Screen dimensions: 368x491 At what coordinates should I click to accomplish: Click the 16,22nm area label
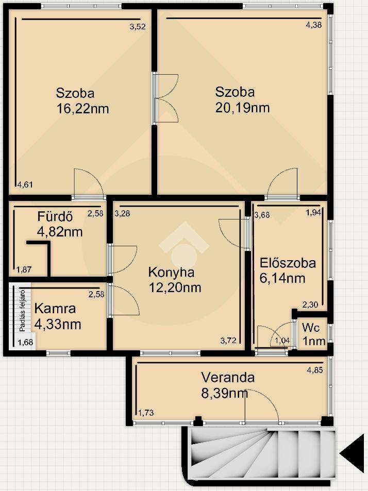pyautogui.click(x=82, y=109)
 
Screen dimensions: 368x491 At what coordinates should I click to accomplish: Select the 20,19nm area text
pyautogui.click(x=242, y=107)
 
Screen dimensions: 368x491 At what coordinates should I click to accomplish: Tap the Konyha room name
pyautogui.click(x=171, y=272)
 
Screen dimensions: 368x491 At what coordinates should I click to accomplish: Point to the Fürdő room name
pyautogui.click(x=55, y=216)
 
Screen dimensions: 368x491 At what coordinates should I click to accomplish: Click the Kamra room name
pyautogui.click(x=55, y=309)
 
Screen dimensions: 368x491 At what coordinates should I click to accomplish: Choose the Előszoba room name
pyautogui.click(x=288, y=263)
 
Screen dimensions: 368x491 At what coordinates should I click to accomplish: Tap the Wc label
pyautogui.click(x=311, y=328)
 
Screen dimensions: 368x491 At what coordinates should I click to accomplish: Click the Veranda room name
pyautogui.click(x=228, y=377)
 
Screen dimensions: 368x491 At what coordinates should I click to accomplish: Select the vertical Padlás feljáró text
pyautogui.click(x=22, y=311)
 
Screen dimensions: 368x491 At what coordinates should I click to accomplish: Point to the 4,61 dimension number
pyautogui.click(x=25, y=184)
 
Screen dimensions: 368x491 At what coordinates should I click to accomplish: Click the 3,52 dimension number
pyautogui.click(x=138, y=27)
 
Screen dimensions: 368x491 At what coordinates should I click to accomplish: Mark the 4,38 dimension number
pyautogui.click(x=314, y=25)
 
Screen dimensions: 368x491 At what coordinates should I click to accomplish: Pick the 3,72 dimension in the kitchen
pyautogui.click(x=228, y=341)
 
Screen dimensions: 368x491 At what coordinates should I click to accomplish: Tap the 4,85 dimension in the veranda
pyautogui.click(x=315, y=370)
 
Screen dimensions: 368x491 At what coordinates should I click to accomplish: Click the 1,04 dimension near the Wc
pyautogui.click(x=282, y=341)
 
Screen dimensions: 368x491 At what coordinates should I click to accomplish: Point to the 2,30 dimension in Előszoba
pyautogui.click(x=310, y=304)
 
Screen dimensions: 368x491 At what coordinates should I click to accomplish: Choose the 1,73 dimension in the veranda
pyautogui.click(x=146, y=413)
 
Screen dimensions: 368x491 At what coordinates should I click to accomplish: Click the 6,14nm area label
pyautogui.click(x=282, y=278)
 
